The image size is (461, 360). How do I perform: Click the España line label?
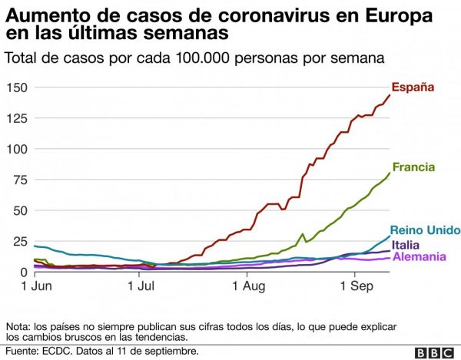coord(413,88)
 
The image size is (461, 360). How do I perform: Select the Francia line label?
coord(413,167)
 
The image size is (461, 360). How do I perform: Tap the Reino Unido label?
coord(425,230)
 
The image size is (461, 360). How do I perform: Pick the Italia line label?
coord(405,245)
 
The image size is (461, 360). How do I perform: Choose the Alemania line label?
coord(420,256)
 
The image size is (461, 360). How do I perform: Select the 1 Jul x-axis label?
coord(142,287)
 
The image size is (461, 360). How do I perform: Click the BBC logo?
coord(433,352)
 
